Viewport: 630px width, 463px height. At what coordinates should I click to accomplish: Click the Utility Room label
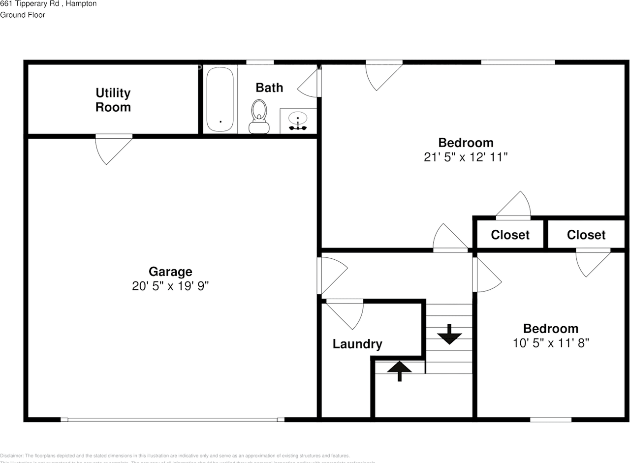113,100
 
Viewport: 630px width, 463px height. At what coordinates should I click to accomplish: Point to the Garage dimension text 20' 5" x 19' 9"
170,286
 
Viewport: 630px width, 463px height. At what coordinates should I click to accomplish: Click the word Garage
170,271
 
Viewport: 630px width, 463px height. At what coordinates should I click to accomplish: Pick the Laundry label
357,344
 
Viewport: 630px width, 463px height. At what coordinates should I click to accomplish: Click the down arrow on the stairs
449,335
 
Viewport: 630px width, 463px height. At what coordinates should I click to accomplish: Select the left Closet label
510,235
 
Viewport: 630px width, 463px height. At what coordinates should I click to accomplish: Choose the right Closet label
586,235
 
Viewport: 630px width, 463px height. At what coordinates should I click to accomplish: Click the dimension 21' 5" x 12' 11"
466,157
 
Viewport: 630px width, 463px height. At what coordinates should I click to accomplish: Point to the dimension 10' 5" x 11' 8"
551,342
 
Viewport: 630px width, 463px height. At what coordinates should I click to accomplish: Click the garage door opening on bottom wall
172,420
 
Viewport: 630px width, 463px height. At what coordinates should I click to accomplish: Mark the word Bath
269,88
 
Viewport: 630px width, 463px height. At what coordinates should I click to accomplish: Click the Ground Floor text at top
23,15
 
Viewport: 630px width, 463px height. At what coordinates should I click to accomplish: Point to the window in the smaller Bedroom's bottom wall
551,420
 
